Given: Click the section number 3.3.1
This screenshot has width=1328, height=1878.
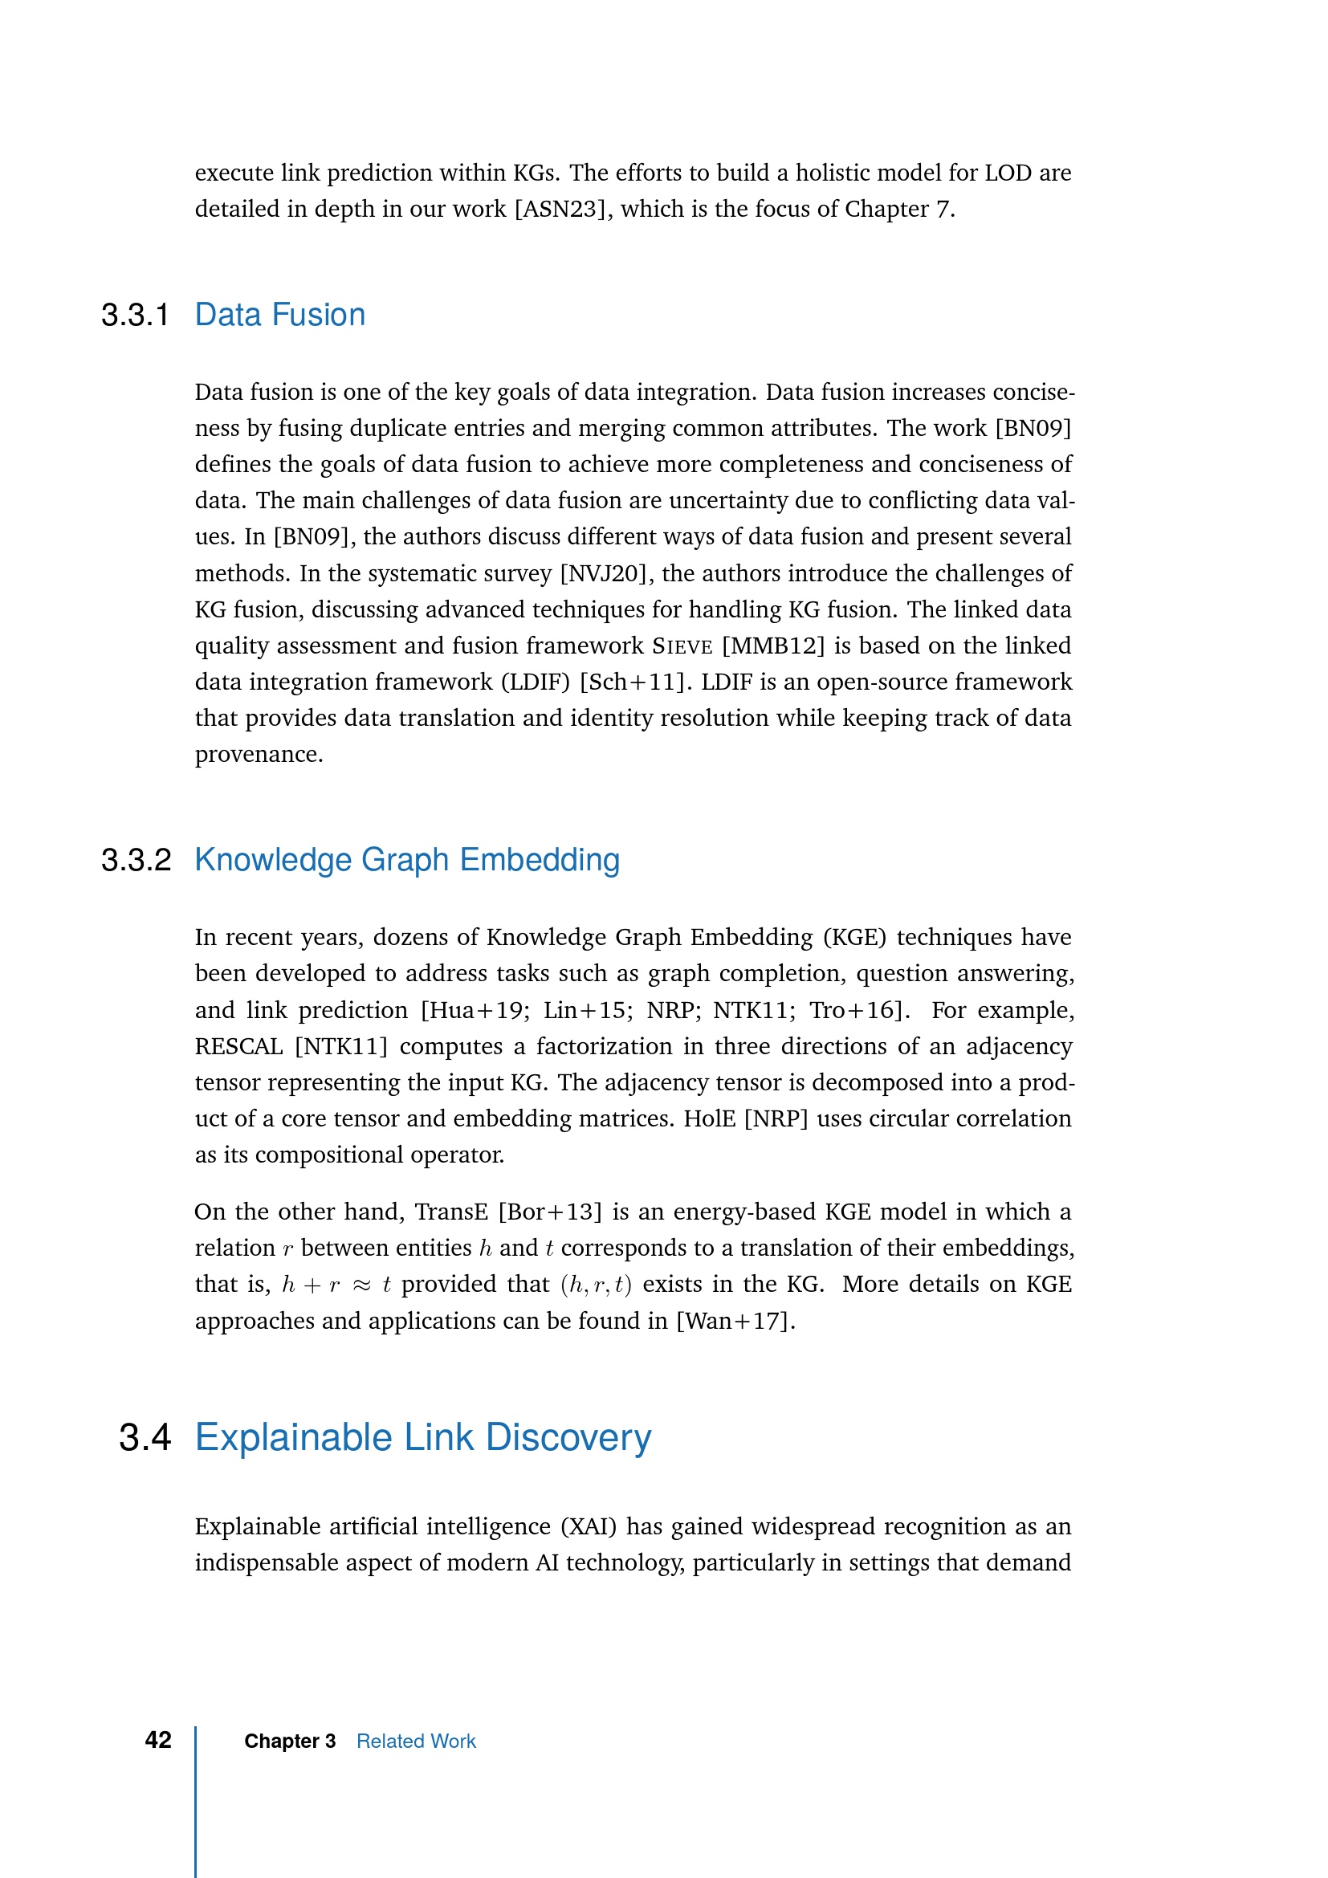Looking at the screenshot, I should [x=135, y=316].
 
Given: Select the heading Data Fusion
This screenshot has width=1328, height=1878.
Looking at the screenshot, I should [x=279, y=316].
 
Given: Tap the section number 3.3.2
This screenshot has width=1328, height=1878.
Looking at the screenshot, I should [x=136, y=861].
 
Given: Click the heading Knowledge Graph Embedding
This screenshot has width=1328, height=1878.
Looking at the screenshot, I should [x=406, y=861].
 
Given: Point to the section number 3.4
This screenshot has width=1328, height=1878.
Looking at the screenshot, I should [x=145, y=1438].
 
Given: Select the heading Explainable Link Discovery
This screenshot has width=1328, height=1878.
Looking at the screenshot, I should [x=423, y=1438].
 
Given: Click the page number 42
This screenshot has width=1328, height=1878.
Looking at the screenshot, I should [x=158, y=1740].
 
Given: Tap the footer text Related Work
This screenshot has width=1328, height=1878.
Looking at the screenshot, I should [x=415, y=1742].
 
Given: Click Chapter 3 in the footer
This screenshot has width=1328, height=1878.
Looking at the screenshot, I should [x=290, y=1742].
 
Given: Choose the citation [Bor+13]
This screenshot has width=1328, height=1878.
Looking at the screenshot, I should [x=549, y=1212].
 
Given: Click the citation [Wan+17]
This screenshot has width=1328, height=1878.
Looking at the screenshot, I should [x=735, y=1321].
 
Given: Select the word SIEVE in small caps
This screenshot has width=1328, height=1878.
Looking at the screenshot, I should [x=682, y=646].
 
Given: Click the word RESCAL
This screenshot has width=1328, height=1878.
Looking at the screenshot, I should [x=238, y=1047].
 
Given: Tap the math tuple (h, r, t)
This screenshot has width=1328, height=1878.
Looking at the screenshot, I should [x=596, y=1285].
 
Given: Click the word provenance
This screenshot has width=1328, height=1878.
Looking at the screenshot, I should [x=259, y=754].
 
